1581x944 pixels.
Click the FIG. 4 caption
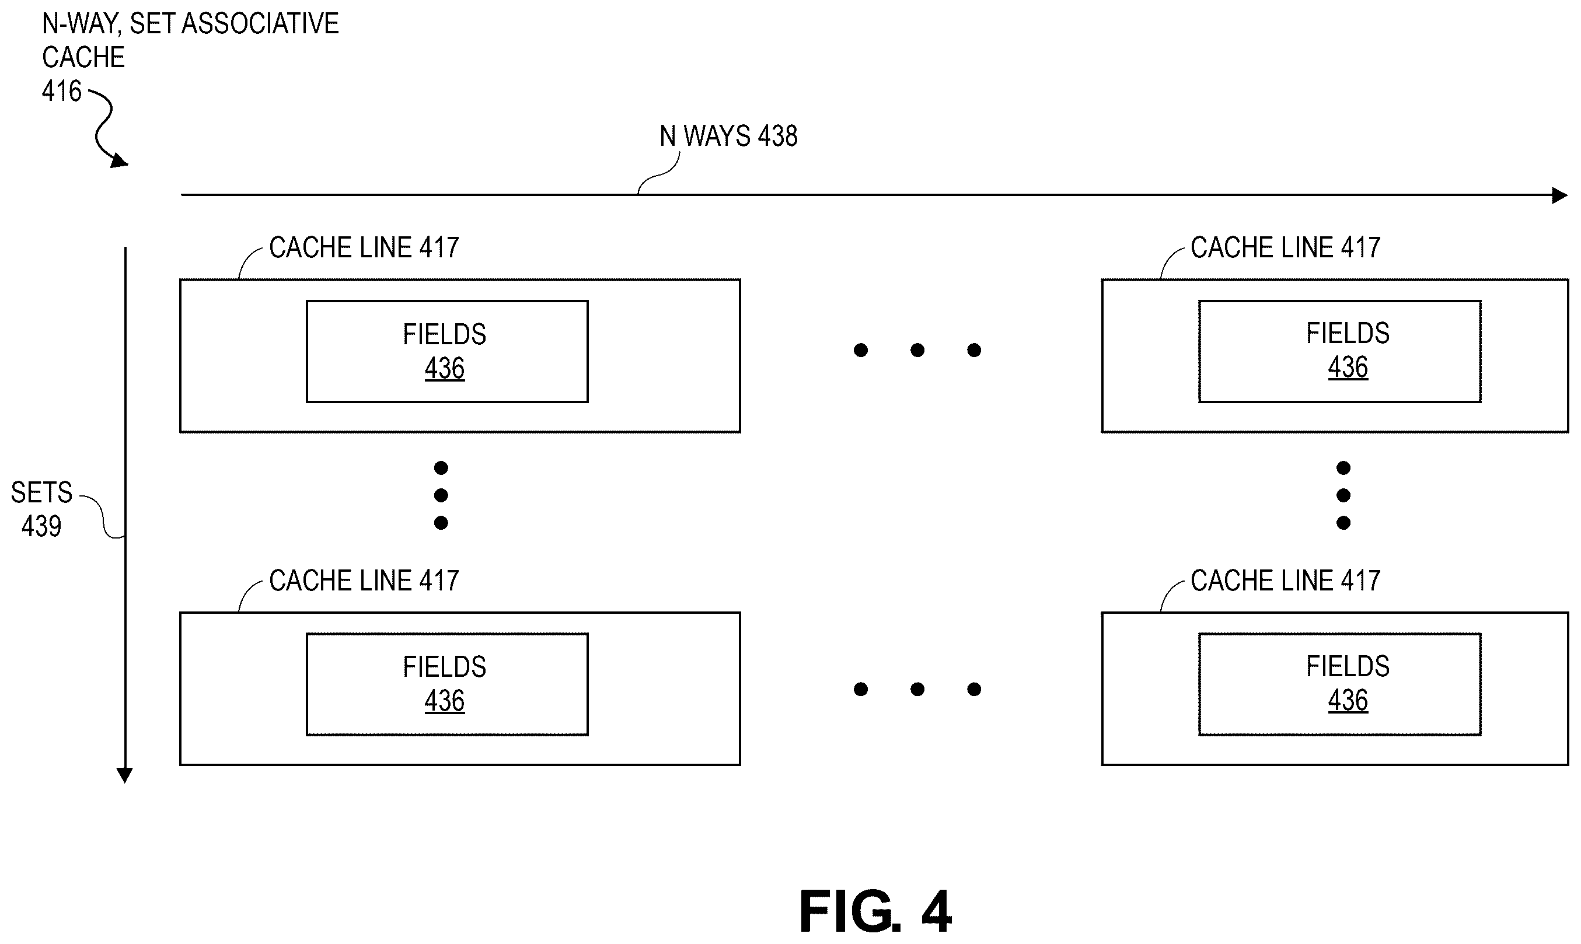tap(875, 911)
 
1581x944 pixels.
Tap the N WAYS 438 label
tap(728, 136)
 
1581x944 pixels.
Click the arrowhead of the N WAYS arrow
tap(1560, 195)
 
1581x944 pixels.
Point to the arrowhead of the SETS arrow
tap(125, 775)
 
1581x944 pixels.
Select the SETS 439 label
tap(42, 509)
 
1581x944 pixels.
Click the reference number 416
tap(62, 91)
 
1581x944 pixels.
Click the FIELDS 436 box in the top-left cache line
tap(447, 352)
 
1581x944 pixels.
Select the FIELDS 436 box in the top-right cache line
tap(1340, 352)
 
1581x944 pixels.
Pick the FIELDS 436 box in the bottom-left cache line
tap(447, 684)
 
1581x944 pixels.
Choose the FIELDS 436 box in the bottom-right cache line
tap(1340, 684)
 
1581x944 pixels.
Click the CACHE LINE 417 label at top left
tap(364, 247)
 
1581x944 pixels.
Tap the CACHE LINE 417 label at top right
tap(1285, 247)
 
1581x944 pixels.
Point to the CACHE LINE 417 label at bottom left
tap(364, 580)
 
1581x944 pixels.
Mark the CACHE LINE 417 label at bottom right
tap(1285, 580)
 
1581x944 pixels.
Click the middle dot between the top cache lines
tap(917, 350)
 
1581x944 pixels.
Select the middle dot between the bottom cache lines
tap(917, 689)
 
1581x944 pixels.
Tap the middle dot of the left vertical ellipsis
tap(441, 495)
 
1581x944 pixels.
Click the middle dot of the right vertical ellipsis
tap(1343, 495)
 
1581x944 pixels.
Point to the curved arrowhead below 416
tap(119, 161)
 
